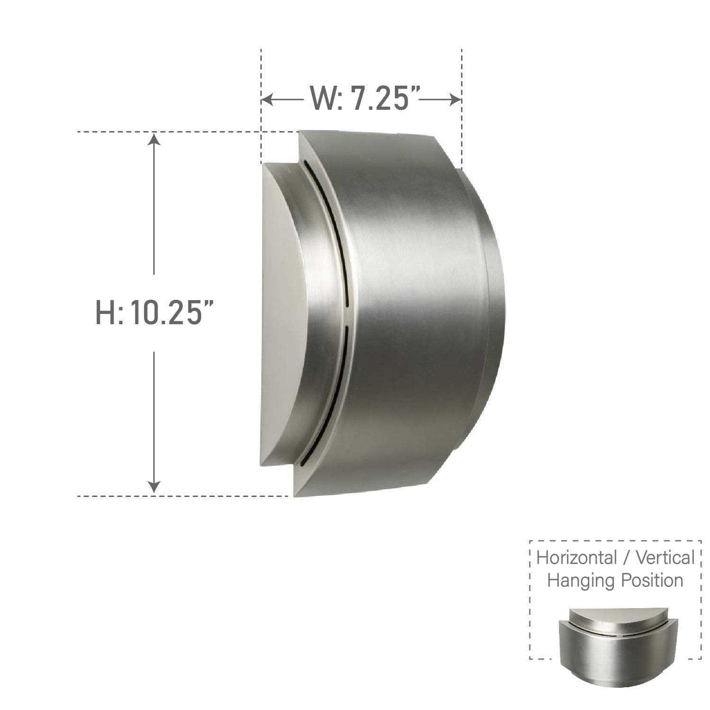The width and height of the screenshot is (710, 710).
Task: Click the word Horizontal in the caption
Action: [576, 558]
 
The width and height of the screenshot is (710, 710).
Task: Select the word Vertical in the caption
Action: [665, 558]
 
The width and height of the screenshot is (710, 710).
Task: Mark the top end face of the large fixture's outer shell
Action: [364, 142]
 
